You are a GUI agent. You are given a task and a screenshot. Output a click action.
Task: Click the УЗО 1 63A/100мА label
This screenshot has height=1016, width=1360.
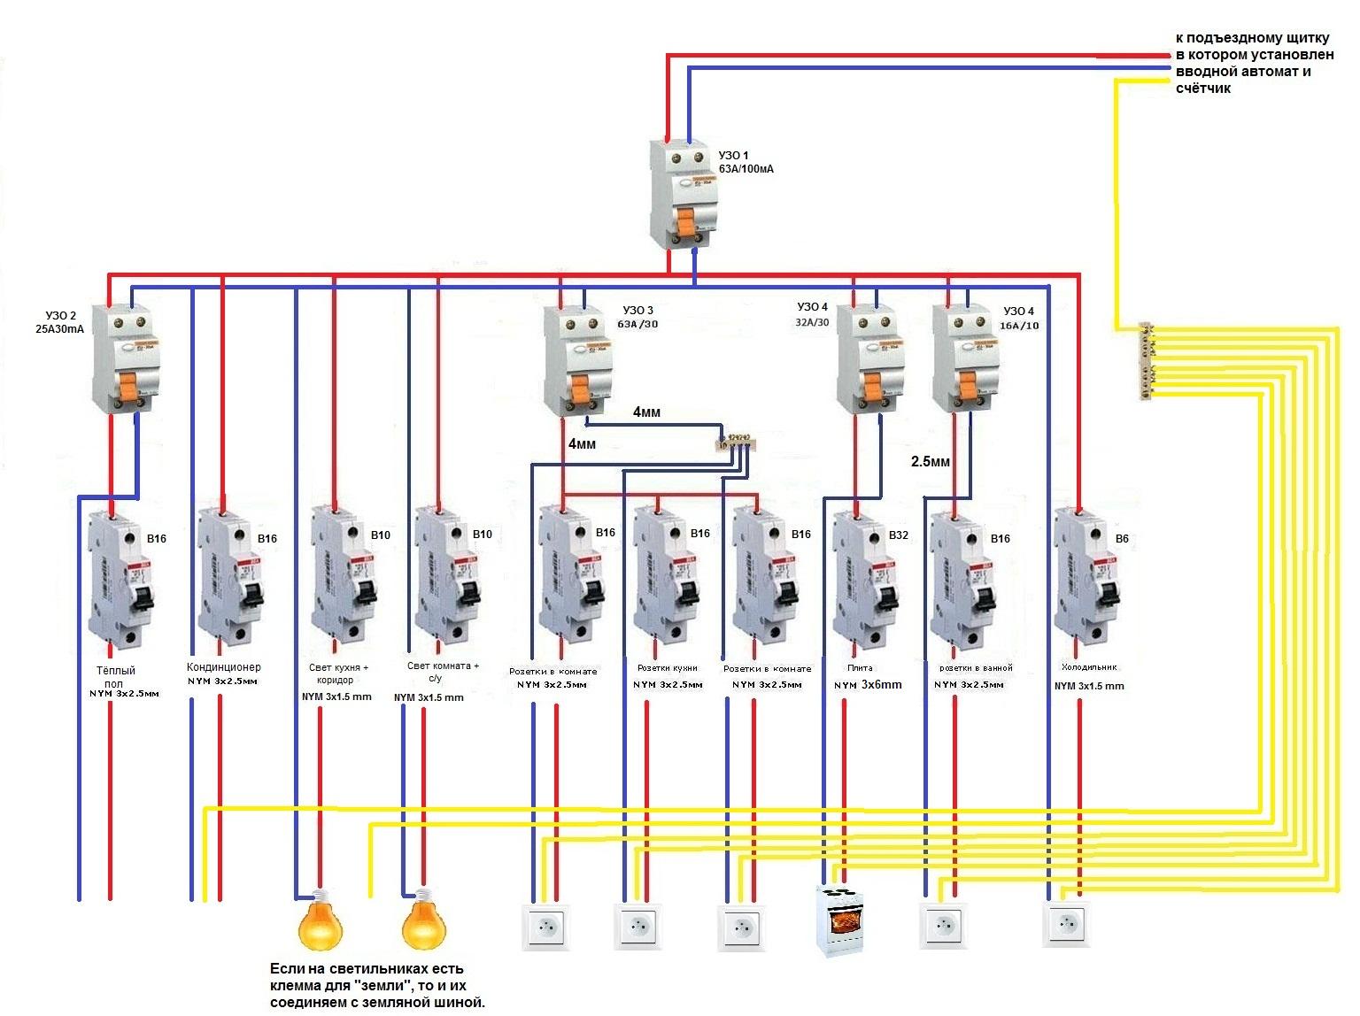[746, 161]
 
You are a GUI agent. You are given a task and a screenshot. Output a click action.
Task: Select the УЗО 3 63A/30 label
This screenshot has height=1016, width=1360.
[637, 317]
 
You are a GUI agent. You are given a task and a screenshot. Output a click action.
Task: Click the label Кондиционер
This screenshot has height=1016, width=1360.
[224, 667]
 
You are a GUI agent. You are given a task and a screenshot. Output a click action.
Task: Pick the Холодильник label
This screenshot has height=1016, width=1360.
[1089, 667]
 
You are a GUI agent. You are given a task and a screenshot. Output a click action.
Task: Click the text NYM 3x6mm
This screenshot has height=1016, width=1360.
[868, 685]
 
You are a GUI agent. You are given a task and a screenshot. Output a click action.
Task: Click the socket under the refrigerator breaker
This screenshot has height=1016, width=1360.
[1067, 925]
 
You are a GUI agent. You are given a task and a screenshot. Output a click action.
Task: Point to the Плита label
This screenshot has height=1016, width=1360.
[860, 668]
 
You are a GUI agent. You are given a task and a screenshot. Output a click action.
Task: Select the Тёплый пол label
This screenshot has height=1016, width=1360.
[116, 677]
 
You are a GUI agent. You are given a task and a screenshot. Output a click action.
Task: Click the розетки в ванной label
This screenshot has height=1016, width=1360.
[976, 668]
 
